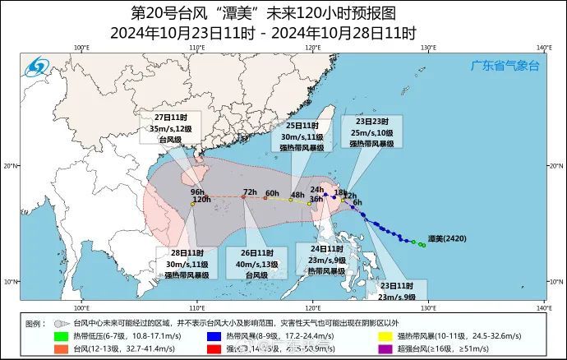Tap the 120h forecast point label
[x=201, y=200]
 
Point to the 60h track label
[x=272, y=194]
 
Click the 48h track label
[x=297, y=195]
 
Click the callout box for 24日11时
[x=325, y=260]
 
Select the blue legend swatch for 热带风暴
[x=213, y=335]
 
